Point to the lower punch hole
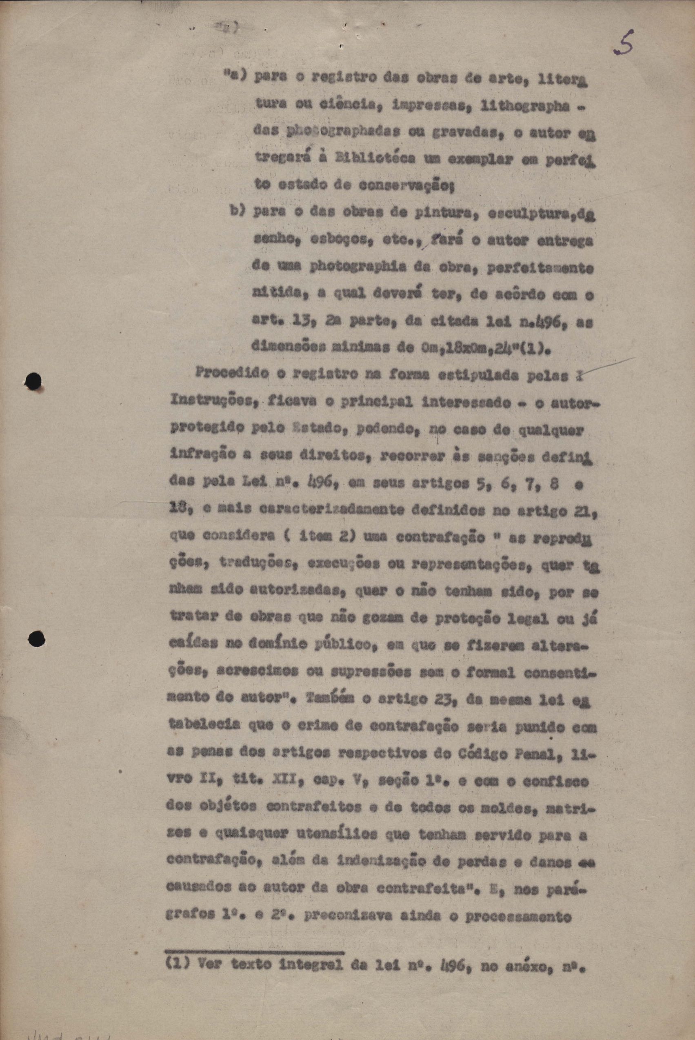tap(36, 639)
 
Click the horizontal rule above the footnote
tap(254, 951)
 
